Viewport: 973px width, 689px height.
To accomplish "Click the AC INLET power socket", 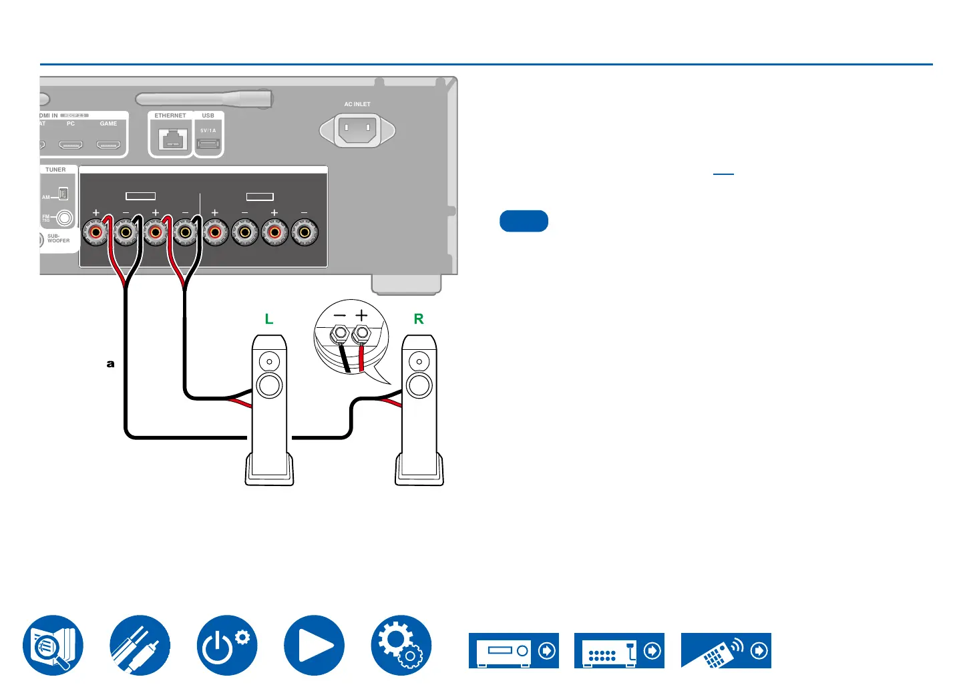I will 357,130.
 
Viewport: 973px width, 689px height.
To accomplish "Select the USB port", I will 208,144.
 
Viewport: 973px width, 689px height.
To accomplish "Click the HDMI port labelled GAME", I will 108,144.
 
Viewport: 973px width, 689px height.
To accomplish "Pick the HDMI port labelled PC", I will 71,144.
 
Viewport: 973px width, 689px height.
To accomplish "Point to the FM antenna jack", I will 65,218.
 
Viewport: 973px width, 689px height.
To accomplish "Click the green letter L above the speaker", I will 269,319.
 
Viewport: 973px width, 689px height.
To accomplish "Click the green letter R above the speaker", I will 419,319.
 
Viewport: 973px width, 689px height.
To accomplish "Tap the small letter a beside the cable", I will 111,364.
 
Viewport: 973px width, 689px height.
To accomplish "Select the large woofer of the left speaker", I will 269,386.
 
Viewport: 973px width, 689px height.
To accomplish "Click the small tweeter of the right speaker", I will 419,363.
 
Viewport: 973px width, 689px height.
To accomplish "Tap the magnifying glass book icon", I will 53,646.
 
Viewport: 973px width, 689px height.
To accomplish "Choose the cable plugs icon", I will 140,646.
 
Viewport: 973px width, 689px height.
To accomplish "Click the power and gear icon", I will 227,646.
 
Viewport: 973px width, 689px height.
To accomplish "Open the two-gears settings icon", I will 401,646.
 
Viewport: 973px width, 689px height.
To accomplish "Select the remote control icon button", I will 726,650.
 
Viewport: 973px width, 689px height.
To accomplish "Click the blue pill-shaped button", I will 524,221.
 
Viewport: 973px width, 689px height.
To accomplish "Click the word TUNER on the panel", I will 55,170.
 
